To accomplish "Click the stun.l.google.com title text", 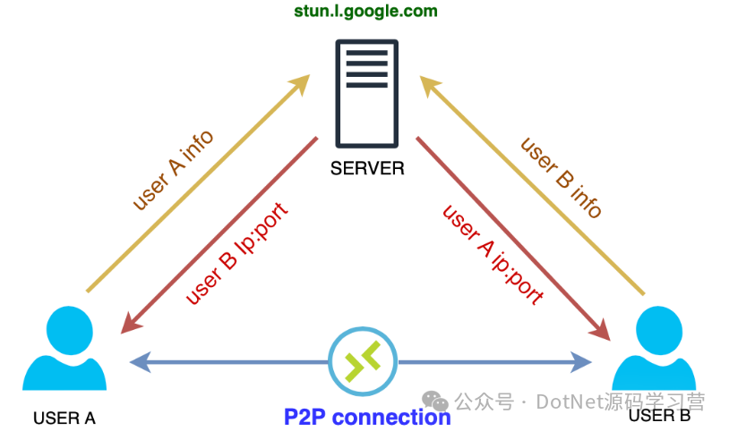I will point(366,13).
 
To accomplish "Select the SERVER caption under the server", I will point(367,167).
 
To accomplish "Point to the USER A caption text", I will point(64,418).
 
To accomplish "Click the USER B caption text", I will point(660,416).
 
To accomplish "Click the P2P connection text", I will point(367,417).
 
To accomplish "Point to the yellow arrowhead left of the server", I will point(298,85).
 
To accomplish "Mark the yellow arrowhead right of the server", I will point(432,87).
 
